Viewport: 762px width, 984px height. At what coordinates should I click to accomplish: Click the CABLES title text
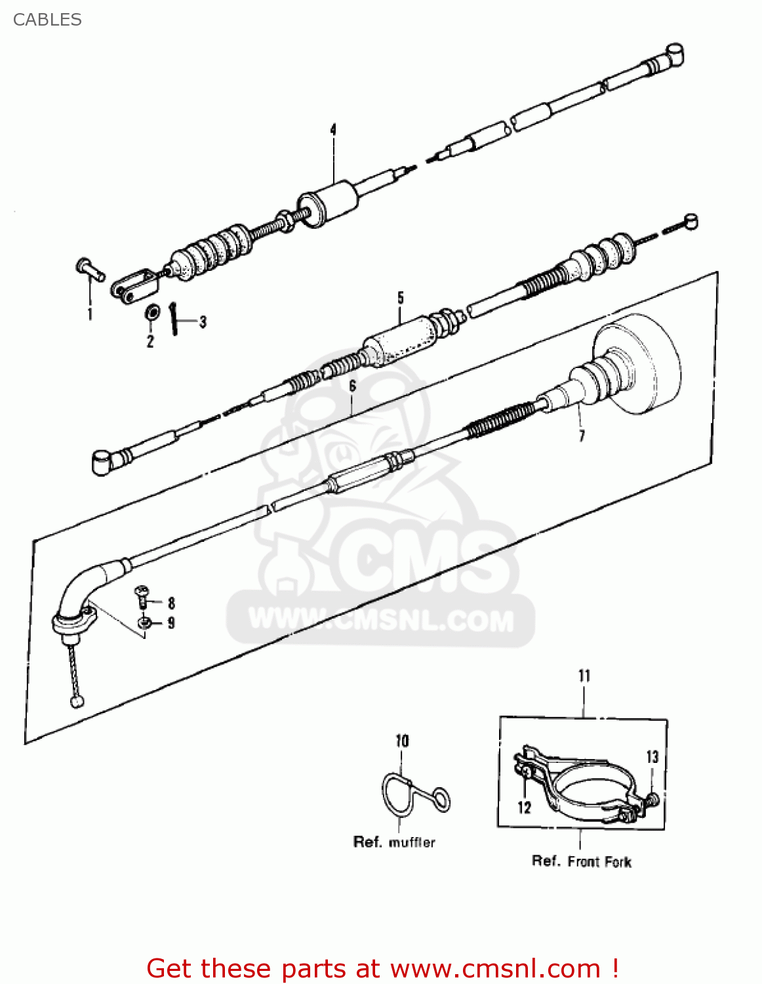[47, 20]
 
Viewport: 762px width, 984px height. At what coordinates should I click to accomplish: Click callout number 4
[333, 129]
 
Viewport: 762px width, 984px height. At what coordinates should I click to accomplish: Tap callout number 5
[401, 298]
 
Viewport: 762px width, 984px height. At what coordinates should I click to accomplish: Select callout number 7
[582, 436]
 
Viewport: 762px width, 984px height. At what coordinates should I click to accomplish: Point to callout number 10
[402, 741]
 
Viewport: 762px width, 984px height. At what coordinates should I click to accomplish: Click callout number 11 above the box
[584, 676]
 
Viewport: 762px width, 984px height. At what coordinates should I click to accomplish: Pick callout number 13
[652, 757]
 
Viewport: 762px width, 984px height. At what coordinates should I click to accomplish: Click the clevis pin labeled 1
[89, 268]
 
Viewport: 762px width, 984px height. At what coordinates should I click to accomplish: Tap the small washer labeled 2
[151, 312]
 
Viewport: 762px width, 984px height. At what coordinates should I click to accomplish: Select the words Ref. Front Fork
[581, 861]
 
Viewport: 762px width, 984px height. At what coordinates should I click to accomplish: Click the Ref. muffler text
[394, 842]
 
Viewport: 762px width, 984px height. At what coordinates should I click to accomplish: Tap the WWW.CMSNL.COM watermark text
[380, 620]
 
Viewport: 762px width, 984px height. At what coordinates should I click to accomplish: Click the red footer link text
[382, 968]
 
